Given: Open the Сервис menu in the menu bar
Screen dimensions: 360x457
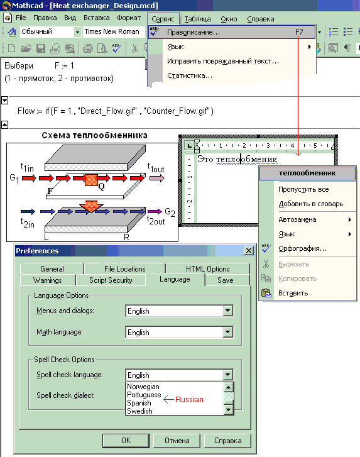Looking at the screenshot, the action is [x=163, y=19].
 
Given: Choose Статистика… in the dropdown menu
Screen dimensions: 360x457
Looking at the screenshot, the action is [x=190, y=76].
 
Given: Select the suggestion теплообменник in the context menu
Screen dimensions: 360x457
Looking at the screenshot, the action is [x=307, y=173].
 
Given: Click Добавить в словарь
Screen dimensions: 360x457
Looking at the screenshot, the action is [x=311, y=204].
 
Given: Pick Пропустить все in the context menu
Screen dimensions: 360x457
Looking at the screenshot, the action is [x=303, y=189].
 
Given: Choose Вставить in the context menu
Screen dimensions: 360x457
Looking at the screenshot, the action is [x=293, y=293].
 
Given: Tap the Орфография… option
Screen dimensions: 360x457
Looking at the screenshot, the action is [x=302, y=248].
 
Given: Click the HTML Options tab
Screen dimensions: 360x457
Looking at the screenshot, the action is [x=208, y=268].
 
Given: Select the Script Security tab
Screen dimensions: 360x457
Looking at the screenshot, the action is [x=111, y=280].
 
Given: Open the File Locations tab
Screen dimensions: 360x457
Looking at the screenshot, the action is [x=124, y=268].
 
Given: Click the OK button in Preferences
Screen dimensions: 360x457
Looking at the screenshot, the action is [x=126, y=441].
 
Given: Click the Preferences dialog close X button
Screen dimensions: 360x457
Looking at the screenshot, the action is [x=248, y=251].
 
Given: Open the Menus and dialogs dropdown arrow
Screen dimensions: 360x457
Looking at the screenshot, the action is [x=228, y=311].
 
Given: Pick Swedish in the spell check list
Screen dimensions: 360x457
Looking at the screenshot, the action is [x=140, y=411].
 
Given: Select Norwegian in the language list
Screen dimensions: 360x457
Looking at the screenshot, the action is [x=143, y=387].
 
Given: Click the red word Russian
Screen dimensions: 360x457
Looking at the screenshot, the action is [x=189, y=400].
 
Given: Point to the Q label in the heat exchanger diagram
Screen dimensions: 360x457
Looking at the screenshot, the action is [x=101, y=187].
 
